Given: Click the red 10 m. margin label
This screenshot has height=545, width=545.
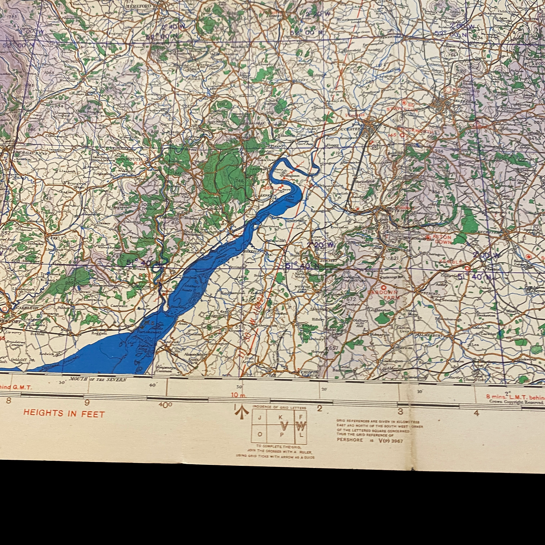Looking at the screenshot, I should (x=238, y=395).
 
